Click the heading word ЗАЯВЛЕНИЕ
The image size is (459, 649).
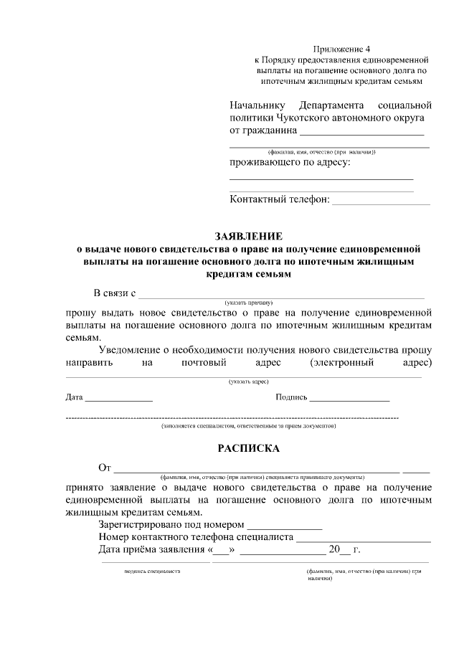click(x=249, y=236)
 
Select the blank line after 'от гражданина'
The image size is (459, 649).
click(x=361, y=133)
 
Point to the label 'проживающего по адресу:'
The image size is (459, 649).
click(x=290, y=163)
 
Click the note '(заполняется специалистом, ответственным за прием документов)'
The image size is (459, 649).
click(x=248, y=425)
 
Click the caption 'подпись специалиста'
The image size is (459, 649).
click(x=152, y=571)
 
